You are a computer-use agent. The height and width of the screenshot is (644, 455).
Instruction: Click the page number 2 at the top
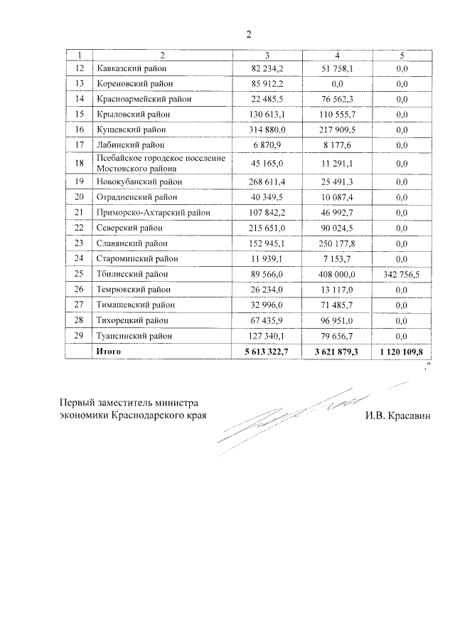[x=249, y=34]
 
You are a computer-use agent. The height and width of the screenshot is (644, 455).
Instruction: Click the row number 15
[x=79, y=114]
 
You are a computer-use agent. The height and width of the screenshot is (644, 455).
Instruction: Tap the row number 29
[x=79, y=334]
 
